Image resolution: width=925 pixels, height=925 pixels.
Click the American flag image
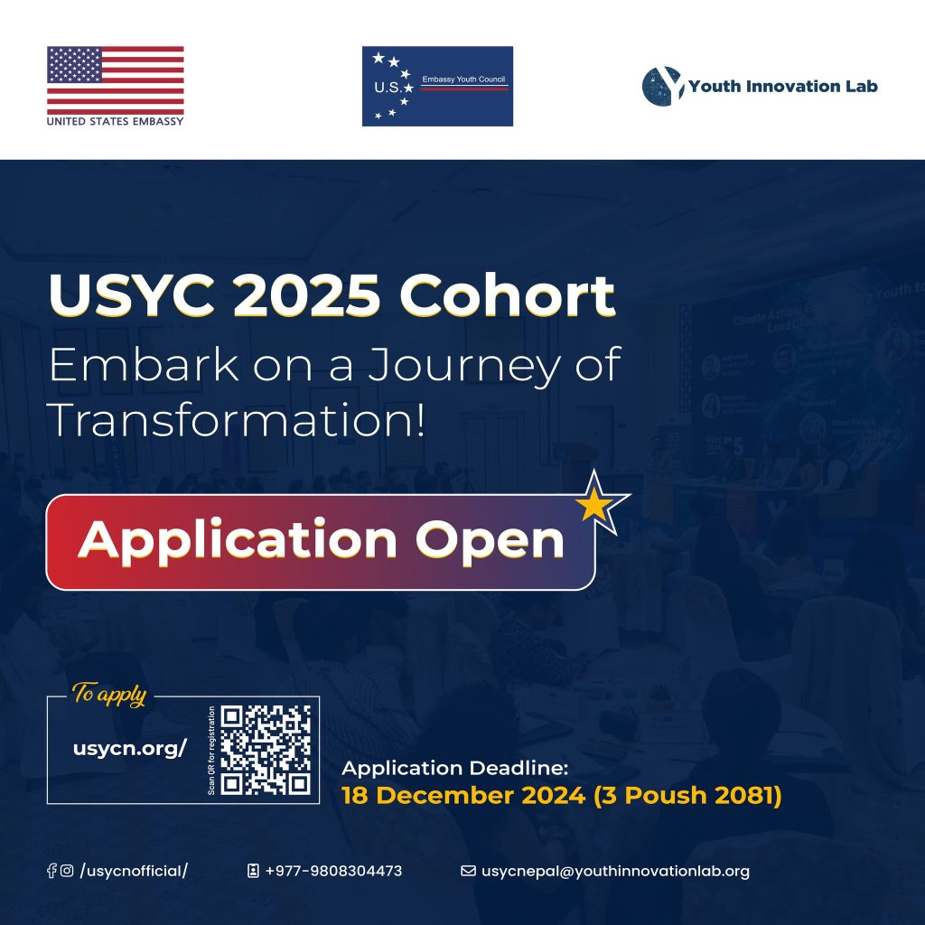pos(116,79)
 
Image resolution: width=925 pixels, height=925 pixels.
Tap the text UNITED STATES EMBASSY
pos(116,120)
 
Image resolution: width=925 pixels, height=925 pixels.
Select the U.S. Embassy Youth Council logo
pos(437,87)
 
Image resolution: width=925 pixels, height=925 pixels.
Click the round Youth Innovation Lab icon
pos(661,87)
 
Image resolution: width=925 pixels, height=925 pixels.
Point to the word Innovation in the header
pos(780,87)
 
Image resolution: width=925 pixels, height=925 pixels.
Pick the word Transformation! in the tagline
pos(236,420)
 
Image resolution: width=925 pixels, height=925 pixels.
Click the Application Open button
pos(321,541)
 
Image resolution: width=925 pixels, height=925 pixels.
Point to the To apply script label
pos(108,696)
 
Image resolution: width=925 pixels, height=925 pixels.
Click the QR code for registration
pos(266,750)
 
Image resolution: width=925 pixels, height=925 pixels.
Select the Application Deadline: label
pos(454,769)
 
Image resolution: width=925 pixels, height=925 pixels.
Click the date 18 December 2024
pos(461,797)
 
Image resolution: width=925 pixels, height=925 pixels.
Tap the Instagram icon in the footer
pos(67,871)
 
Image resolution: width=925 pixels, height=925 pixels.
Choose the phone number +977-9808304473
pos(333,871)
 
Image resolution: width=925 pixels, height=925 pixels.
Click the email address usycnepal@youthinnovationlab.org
pos(615,871)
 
